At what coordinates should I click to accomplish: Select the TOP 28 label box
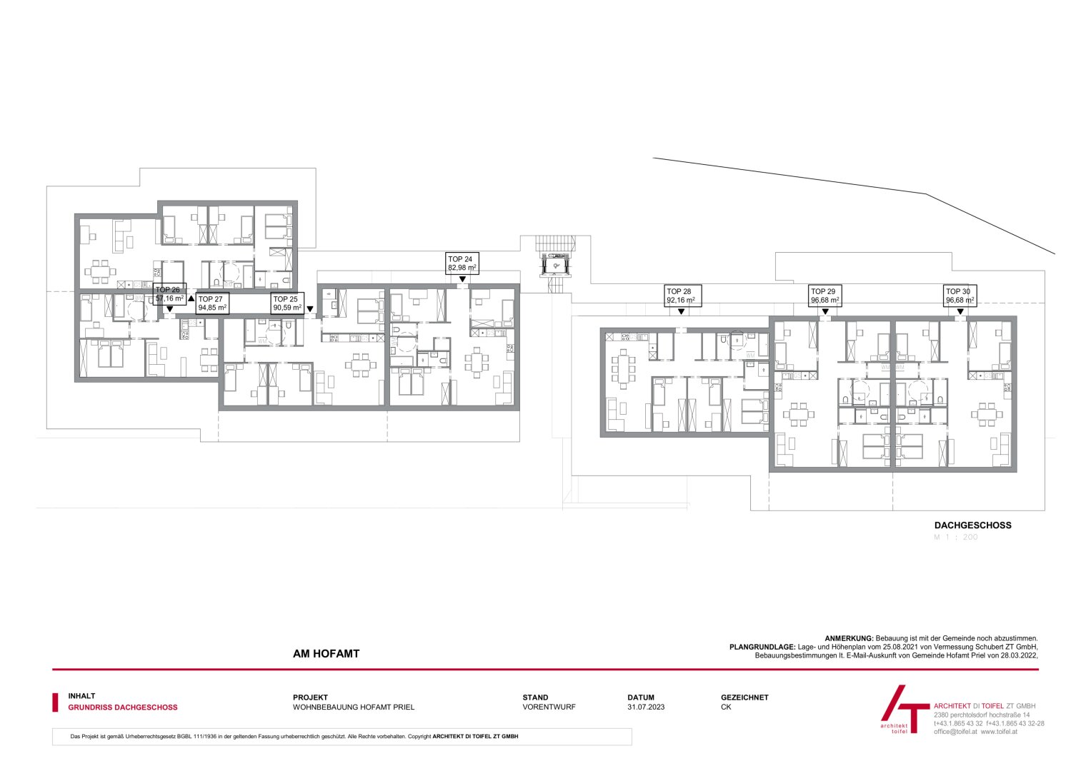[x=682, y=296]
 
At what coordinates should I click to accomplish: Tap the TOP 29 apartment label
[x=825, y=296]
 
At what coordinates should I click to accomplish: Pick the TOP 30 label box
[x=960, y=296]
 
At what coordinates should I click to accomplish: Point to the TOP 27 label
[x=212, y=304]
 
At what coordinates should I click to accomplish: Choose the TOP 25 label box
[x=286, y=304]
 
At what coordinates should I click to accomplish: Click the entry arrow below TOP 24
[x=463, y=279]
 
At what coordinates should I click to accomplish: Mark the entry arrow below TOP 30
[x=960, y=311]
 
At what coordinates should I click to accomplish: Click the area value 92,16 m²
[x=680, y=301]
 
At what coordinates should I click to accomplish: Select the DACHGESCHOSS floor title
[x=972, y=525]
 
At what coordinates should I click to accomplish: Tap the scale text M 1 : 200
[x=956, y=537]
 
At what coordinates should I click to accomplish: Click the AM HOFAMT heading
[x=326, y=653]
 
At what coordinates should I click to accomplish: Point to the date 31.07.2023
[x=646, y=707]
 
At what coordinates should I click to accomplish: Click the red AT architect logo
[x=902, y=709]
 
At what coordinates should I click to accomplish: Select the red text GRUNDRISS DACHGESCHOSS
[x=123, y=707]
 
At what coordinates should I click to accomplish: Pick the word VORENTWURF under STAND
[x=549, y=707]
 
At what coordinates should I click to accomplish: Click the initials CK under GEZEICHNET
[x=726, y=707]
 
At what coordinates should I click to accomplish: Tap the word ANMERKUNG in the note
[x=849, y=638]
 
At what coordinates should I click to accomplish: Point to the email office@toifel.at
[x=955, y=732]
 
